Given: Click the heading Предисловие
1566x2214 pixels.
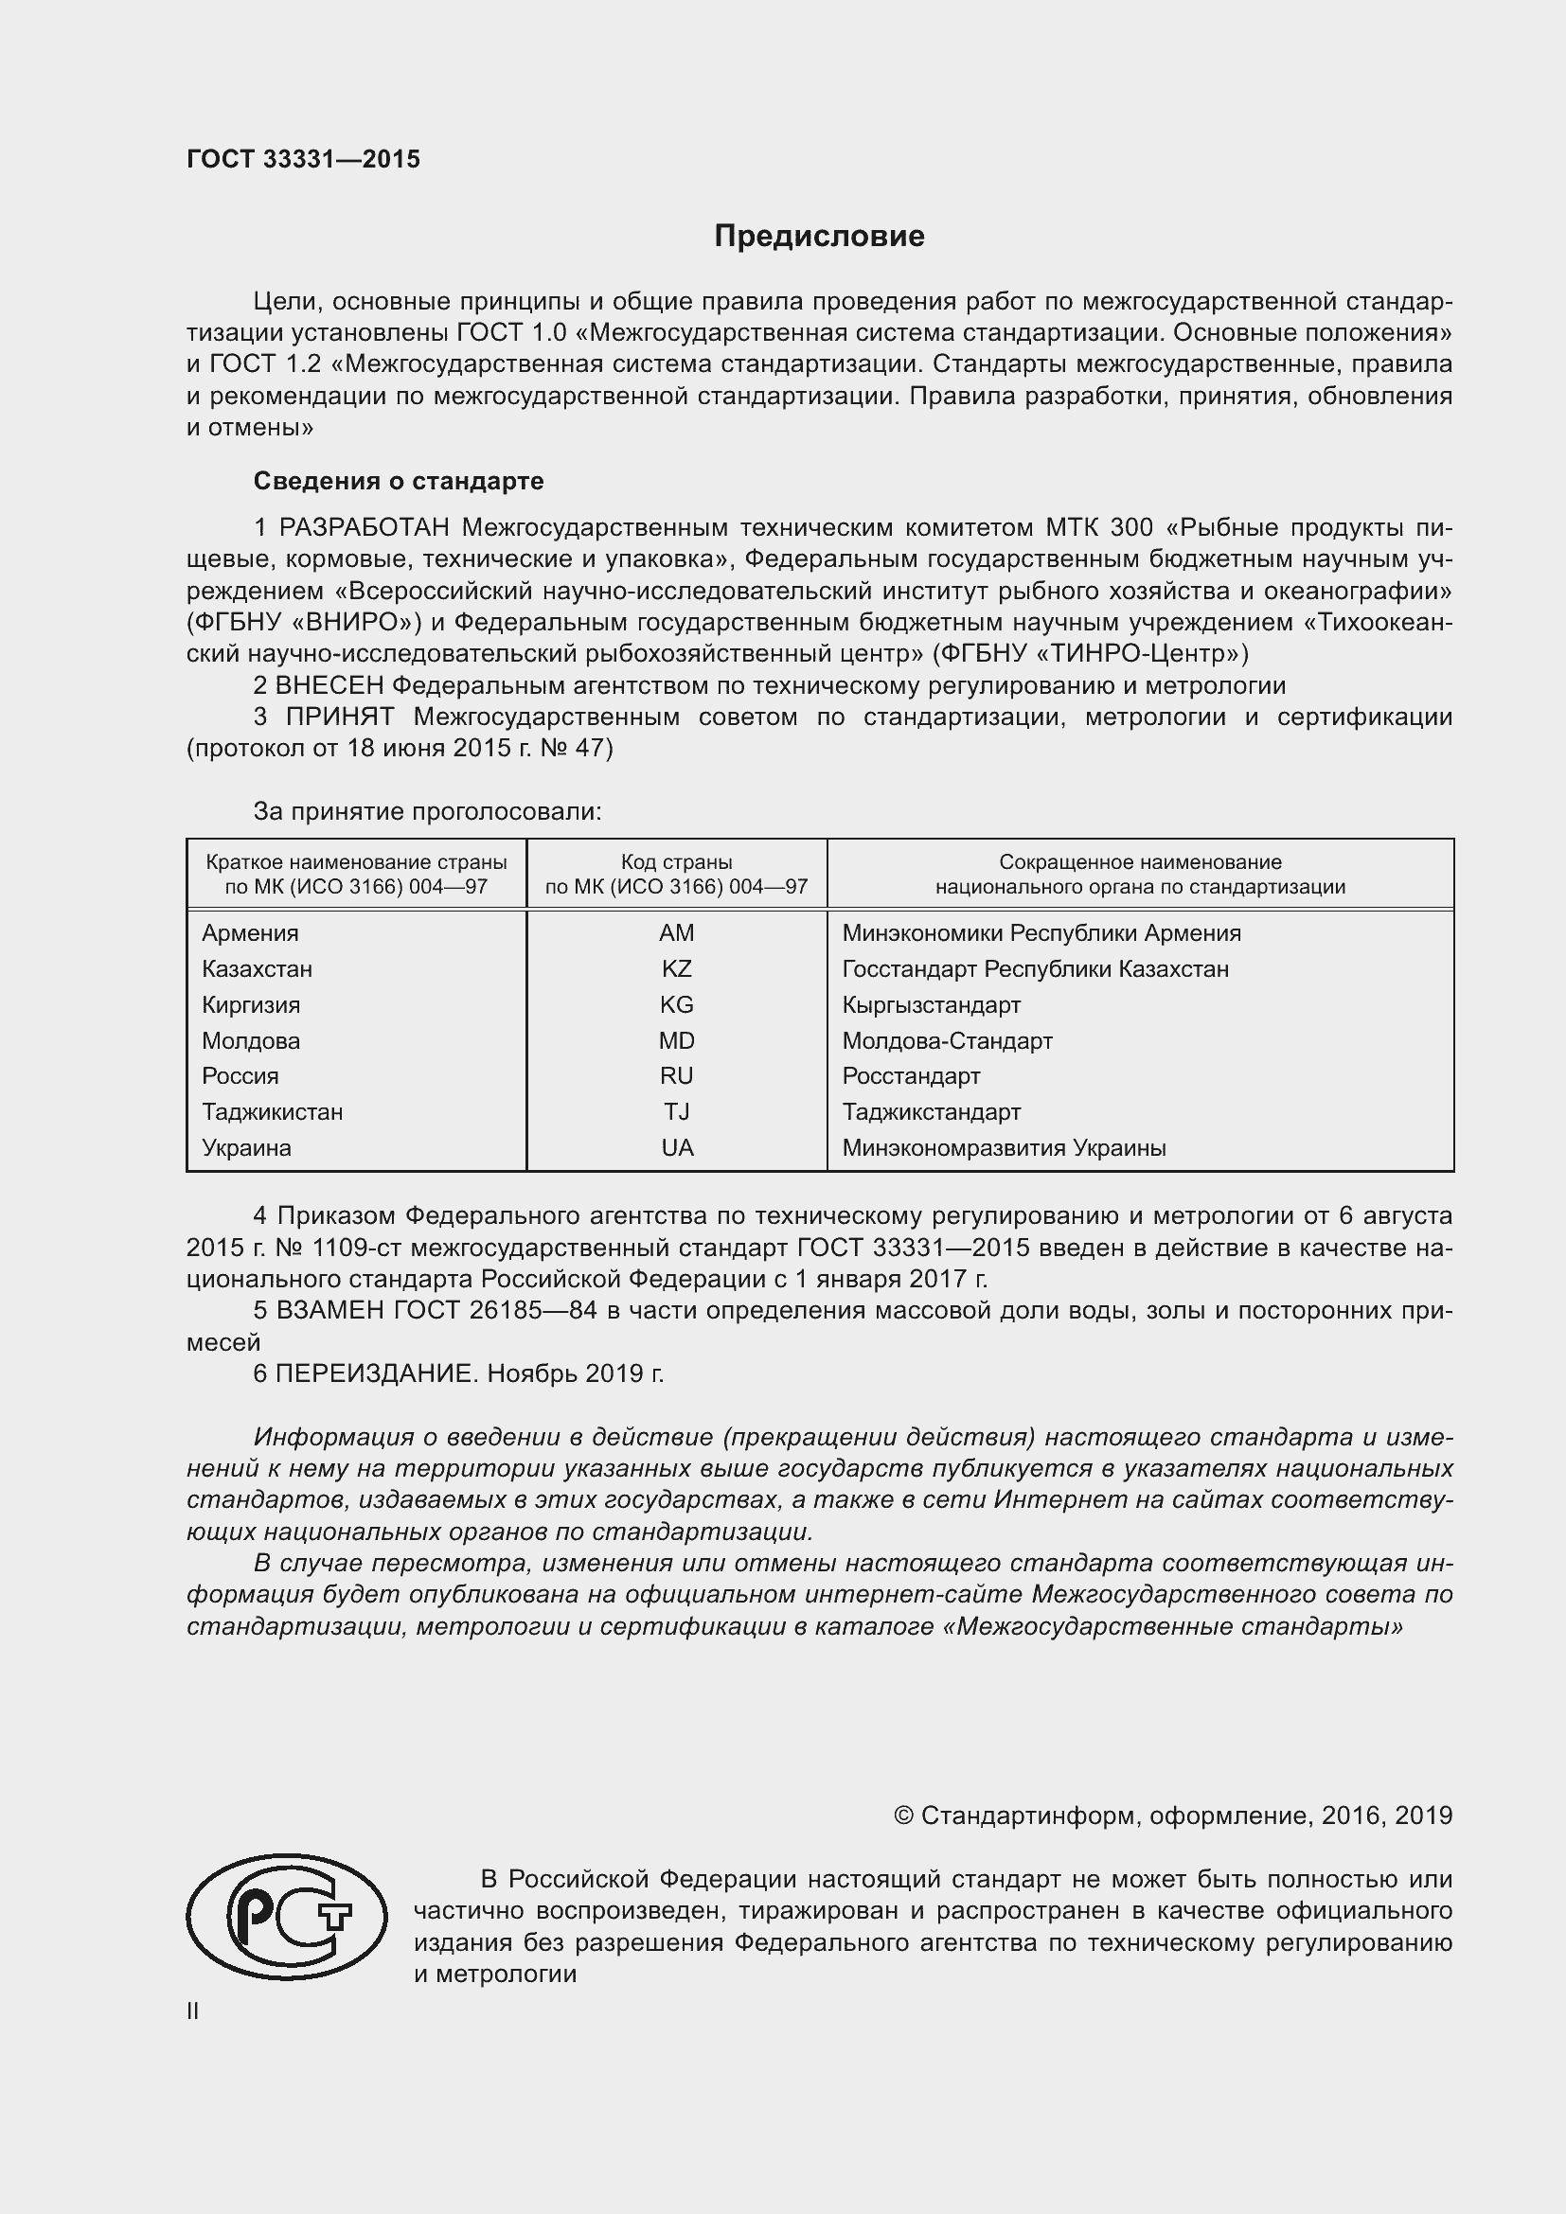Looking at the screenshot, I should click(819, 237).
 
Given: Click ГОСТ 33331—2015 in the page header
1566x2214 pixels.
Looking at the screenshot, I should click(303, 159).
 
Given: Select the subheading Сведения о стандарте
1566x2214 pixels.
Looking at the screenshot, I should click(399, 480).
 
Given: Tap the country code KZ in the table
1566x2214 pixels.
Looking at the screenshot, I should click(676, 968).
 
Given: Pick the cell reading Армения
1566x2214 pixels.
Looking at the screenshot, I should click(250, 932).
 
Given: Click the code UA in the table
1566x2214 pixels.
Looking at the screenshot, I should click(677, 1147).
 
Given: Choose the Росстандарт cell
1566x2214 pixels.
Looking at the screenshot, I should click(910, 1075).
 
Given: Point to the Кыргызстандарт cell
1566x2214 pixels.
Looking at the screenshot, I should click(931, 1005).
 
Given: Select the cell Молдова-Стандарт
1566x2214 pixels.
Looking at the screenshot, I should click(947, 1040).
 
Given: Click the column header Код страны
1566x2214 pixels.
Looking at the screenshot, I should click(676, 862).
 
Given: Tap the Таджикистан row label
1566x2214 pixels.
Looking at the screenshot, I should click(272, 1112).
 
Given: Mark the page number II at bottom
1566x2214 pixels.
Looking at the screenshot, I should click(193, 2010).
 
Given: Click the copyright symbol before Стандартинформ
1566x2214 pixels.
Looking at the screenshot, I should click(902, 1815).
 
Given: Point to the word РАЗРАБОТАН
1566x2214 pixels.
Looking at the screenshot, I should click(364, 527).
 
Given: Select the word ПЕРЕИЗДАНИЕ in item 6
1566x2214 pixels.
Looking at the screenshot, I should click(376, 1373).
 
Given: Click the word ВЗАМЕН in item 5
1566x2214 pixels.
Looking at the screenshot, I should click(330, 1310).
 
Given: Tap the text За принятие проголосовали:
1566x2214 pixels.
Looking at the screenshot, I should click(427, 811).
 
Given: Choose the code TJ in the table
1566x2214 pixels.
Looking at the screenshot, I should click(676, 1112).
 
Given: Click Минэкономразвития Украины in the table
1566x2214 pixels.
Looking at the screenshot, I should click(1003, 1147).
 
